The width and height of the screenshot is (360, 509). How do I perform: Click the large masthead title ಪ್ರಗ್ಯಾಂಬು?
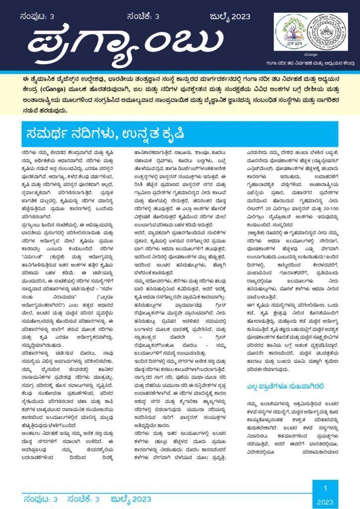[127, 42]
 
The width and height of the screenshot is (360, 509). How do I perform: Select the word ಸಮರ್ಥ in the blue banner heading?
[52, 133]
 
